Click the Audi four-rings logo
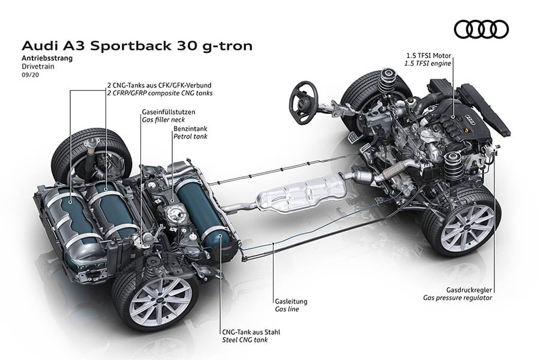coord(481,29)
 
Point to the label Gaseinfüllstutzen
coord(168,112)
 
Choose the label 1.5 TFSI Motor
coord(428,55)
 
